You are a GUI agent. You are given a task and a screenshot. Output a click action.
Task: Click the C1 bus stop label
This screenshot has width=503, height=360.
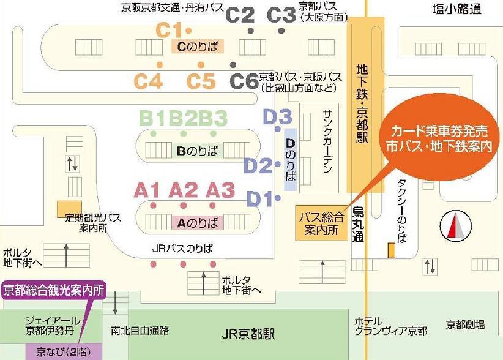[x=170, y=29]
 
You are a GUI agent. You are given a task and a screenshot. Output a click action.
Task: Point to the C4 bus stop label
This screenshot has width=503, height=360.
[x=150, y=81]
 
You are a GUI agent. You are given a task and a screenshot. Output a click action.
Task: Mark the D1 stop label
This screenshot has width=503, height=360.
[x=259, y=198]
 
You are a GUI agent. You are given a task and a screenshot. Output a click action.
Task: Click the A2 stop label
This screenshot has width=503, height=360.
[x=184, y=190]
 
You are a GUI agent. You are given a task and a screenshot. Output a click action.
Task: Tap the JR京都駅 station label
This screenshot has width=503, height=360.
[x=248, y=334]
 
